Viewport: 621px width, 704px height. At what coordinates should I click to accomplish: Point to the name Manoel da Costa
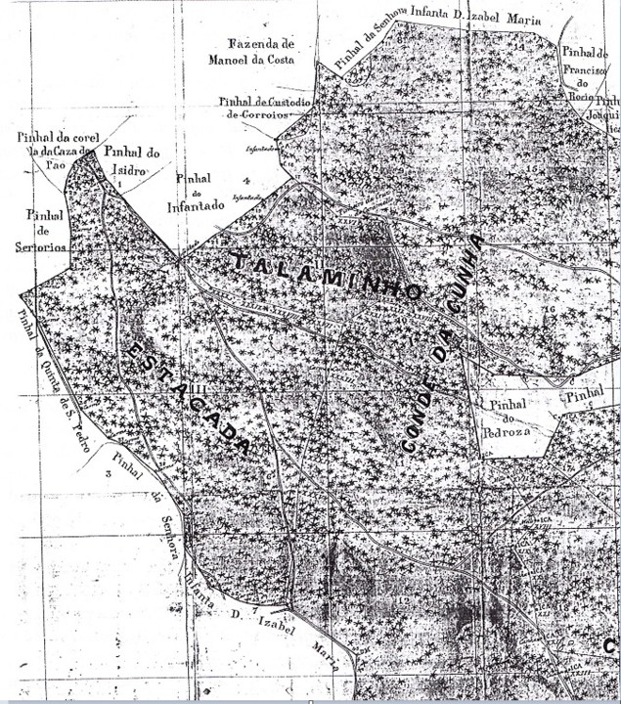click(250, 60)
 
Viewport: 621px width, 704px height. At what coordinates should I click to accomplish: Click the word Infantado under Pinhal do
click(195, 206)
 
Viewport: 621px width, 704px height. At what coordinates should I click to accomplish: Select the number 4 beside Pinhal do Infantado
click(248, 181)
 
